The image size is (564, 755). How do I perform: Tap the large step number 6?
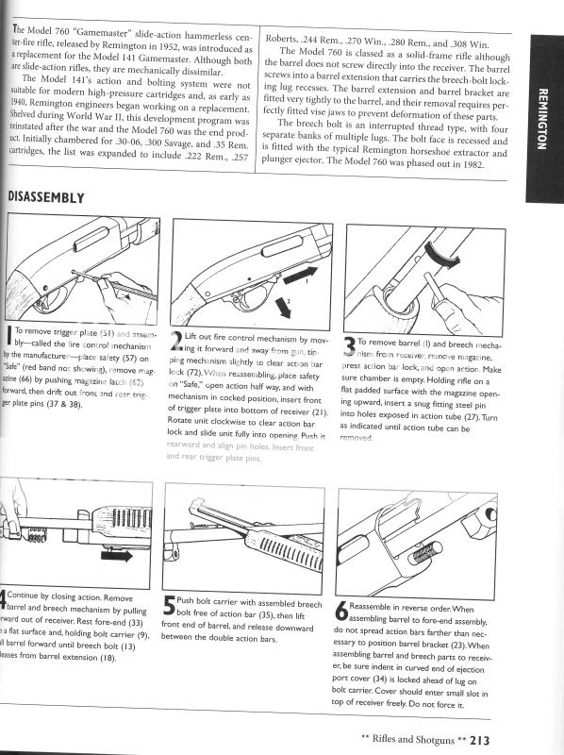pos(341,611)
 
